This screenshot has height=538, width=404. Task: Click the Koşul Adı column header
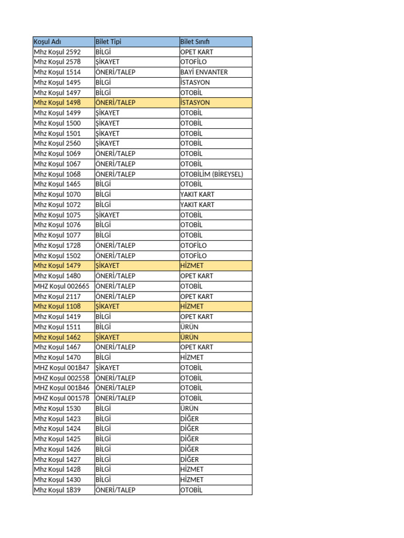point(48,42)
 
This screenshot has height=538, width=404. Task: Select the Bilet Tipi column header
point(108,42)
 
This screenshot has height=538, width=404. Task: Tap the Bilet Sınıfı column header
point(195,42)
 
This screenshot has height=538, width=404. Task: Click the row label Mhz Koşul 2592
point(57,52)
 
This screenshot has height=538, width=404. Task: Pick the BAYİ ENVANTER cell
point(204,72)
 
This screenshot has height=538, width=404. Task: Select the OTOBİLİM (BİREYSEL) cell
point(211,174)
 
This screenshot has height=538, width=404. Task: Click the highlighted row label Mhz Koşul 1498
point(57,102)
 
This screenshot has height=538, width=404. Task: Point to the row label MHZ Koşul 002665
point(62,286)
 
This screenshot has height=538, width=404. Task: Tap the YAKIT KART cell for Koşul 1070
point(197,194)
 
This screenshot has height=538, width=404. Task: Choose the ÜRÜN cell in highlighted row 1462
point(189,337)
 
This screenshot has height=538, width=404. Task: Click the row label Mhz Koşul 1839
point(57,490)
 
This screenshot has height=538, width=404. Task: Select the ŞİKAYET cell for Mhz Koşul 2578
point(107,62)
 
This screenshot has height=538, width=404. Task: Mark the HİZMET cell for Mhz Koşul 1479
point(191,266)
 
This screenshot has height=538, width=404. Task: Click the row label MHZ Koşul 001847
point(62,368)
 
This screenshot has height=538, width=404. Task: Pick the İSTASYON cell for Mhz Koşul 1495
point(195,82)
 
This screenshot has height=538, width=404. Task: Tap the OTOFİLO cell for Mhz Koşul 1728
point(194,245)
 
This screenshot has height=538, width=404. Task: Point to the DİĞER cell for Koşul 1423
point(189,419)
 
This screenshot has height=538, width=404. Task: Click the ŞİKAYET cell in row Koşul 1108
point(107,306)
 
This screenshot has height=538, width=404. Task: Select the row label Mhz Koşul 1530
point(57,408)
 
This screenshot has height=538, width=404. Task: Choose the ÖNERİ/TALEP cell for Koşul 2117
point(115,296)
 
